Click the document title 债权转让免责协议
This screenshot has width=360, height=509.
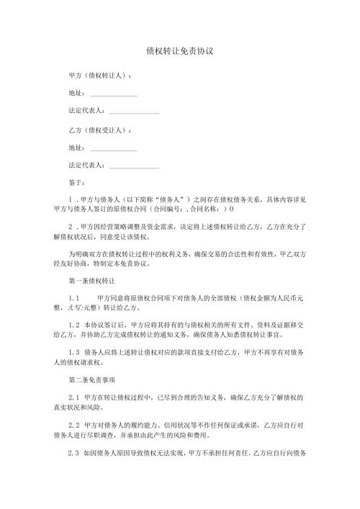click(180, 52)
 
